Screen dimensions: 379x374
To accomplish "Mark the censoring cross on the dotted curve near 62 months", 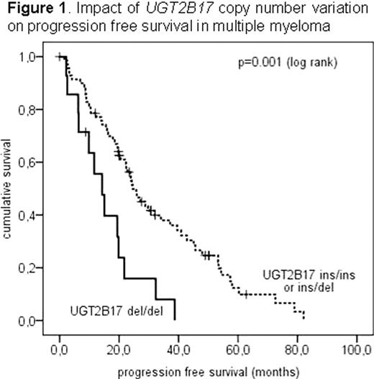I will (245, 294).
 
